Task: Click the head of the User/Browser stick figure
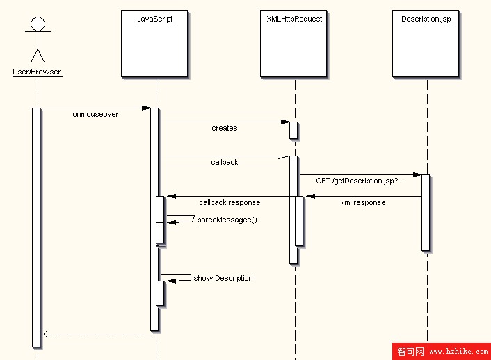click(38, 24)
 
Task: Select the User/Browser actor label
click(37, 72)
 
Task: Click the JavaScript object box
click(155, 43)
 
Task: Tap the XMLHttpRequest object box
click(294, 43)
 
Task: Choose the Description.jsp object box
click(426, 43)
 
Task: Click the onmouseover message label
click(95, 114)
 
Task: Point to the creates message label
click(225, 128)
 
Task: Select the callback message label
click(225, 162)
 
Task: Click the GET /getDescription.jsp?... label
click(360, 181)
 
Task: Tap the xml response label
click(363, 202)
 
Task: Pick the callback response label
click(230, 202)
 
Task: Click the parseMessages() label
click(227, 220)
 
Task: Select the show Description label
click(223, 278)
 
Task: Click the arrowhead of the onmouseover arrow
click(146, 108)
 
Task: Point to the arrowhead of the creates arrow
click(285, 122)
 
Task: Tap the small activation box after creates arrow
click(294, 131)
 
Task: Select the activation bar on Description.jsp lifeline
click(426, 212)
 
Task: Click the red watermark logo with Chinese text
click(410, 352)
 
